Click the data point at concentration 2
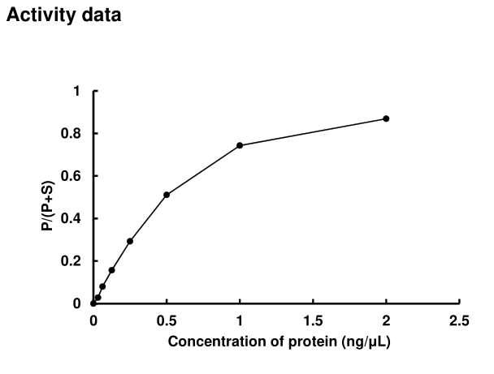(386, 118)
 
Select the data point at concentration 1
(240, 145)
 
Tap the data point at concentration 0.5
(167, 195)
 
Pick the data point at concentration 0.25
(130, 241)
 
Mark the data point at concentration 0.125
(111, 270)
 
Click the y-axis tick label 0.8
(71, 134)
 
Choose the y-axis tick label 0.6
(71, 176)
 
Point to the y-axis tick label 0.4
(71, 219)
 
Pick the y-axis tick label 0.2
(71, 261)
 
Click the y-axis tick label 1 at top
(77, 91)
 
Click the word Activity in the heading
(35, 16)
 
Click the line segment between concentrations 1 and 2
(313, 132)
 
